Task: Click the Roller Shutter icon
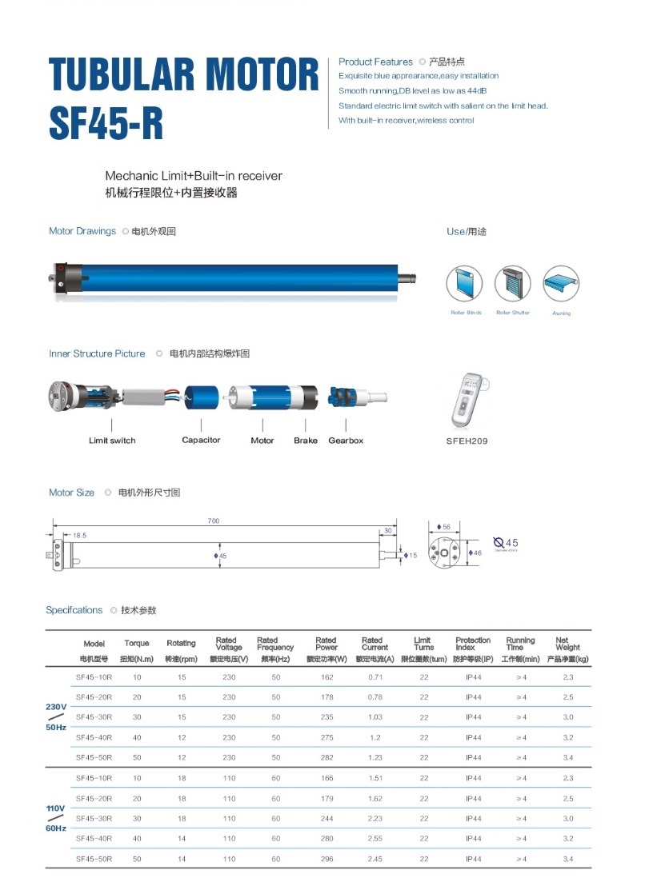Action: [513, 284]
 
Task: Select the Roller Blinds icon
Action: [465, 284]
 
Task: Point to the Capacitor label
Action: [201, 441]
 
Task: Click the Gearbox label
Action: [346, 441]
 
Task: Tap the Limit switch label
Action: [112, 441]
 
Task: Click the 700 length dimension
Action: [213, 521]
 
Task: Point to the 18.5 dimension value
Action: [80, 535]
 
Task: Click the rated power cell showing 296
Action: [326, 859]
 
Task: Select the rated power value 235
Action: [326, 717]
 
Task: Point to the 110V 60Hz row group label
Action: [55, 817]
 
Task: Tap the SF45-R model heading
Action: [106, 122]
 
